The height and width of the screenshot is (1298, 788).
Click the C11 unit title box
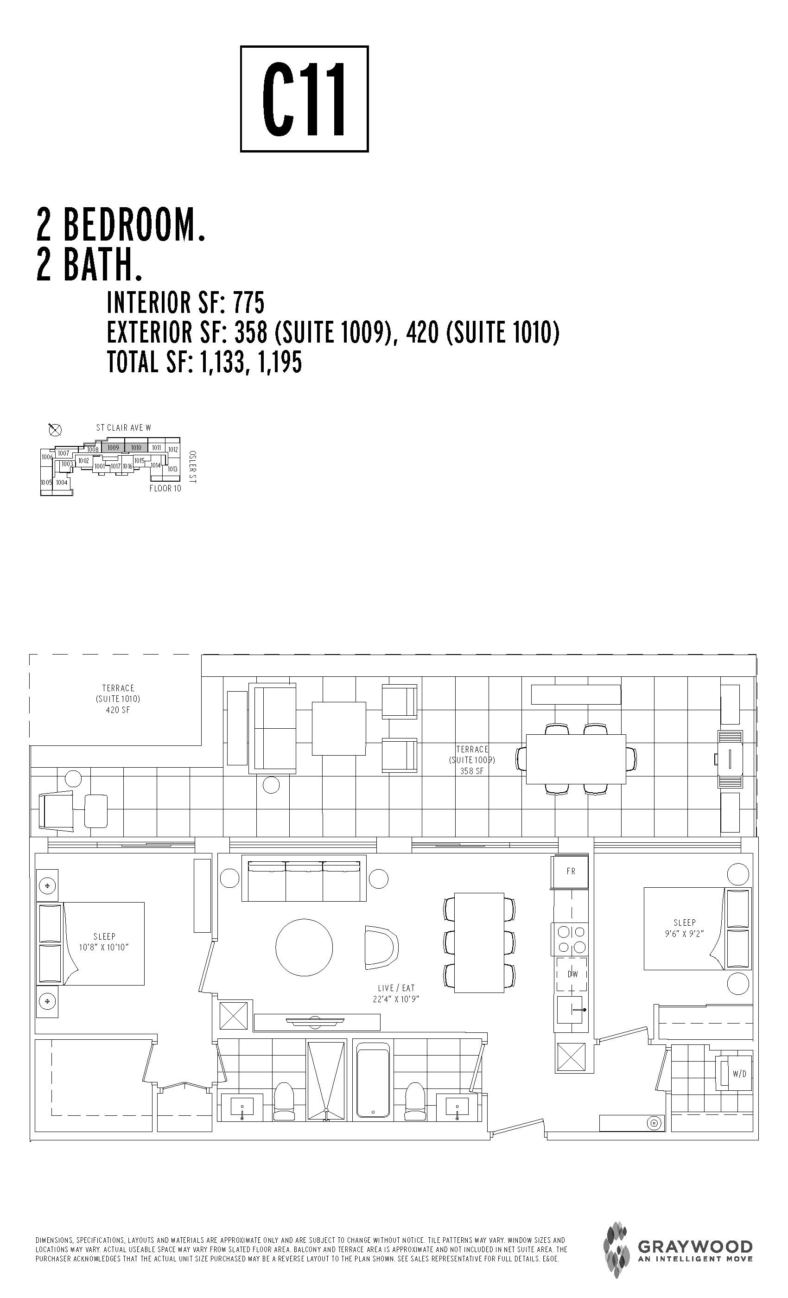click(x=304, y=99)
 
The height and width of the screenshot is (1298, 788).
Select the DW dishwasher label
click(x=572, y=974)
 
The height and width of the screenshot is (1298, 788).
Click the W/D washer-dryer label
click(x=739, y=1074)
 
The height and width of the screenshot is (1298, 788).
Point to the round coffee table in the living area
click(x=305, y=947)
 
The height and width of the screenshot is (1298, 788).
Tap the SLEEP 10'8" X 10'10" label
click(x=104, y=942)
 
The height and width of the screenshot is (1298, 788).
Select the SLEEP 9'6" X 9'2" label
click(x=685, y=928)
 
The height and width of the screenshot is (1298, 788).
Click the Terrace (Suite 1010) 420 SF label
click(x=118, y=699)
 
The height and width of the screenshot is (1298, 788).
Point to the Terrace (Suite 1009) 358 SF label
click(x=472, y=760)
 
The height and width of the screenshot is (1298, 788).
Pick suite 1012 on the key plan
click(x=173, y=449)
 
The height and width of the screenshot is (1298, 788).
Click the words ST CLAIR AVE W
click(x=124, y=428)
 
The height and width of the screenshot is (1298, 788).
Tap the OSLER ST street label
click(x=192, y=467)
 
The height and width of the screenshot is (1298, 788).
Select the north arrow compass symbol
click(x=55, y=430)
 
